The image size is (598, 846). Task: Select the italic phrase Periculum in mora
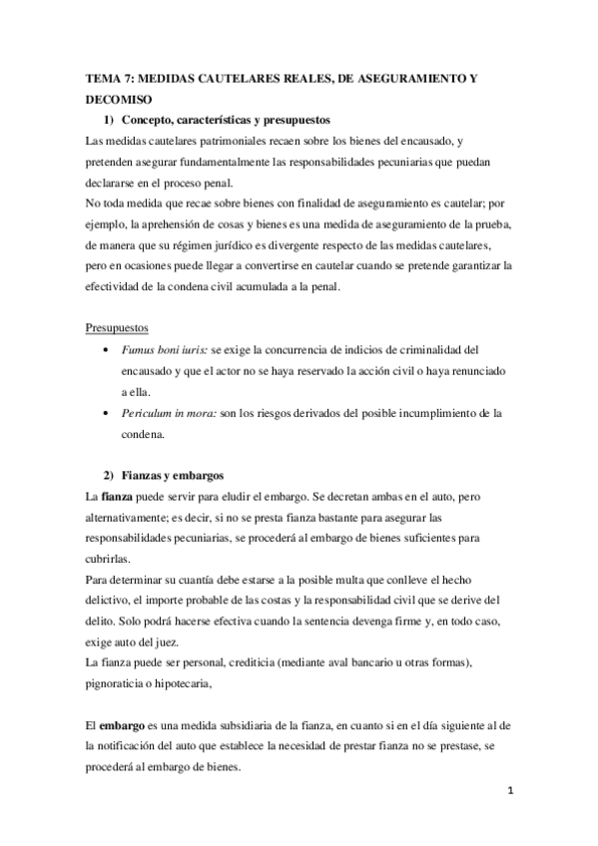(x=168, y=412)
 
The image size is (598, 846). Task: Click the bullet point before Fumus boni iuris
(x=108, y=350)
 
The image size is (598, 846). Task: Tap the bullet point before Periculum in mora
(x=108, y=412)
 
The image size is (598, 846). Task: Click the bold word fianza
(x=115, y=496)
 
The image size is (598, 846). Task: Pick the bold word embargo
(x=125, y=722)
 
